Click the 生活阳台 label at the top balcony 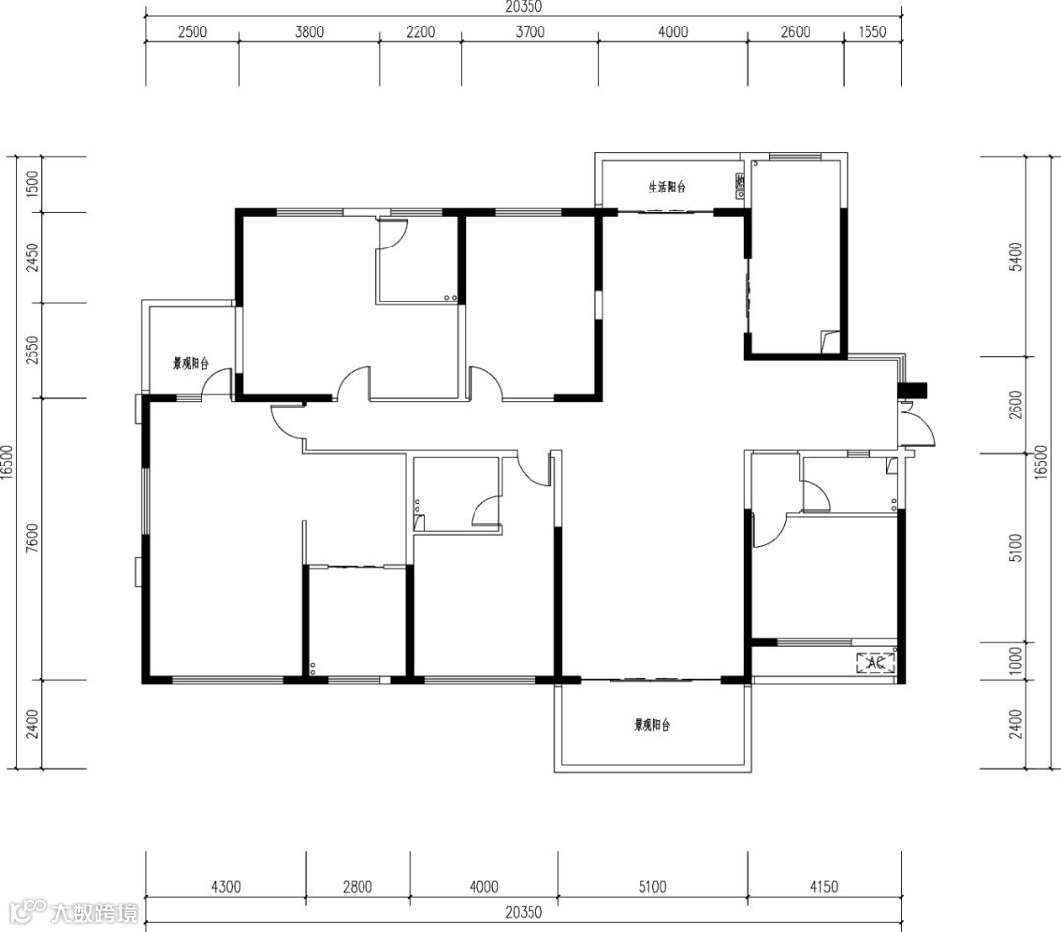667,187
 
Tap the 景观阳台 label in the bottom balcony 651,725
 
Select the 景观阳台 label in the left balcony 191,364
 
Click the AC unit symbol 875,662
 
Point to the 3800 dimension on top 309,31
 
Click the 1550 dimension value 872,31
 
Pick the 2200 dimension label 420,31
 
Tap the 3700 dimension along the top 530,31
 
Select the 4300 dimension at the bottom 225,886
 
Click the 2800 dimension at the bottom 358,886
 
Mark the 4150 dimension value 823,886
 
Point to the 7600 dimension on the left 31,538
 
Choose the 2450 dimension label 31,257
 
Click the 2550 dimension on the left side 31,351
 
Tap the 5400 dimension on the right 1015,256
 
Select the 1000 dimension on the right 1015,661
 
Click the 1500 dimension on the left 31,184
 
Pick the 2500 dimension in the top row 193,31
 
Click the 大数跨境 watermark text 94,912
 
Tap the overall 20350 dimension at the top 524,7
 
